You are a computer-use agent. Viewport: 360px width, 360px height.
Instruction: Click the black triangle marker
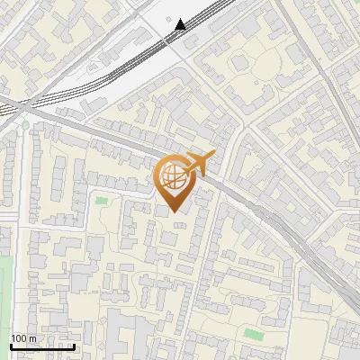tap(181, 24)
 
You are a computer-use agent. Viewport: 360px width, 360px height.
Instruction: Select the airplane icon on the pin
tap(199, 163)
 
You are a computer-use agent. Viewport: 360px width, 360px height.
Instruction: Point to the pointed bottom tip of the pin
tap(174, 211)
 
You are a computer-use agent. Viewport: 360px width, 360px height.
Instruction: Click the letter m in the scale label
tap(31, 338)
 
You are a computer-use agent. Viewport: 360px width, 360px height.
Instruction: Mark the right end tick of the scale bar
tap(74, 345)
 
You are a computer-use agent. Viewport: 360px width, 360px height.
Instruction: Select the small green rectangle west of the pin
tap(102, 201)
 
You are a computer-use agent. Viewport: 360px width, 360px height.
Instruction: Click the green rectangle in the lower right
tap(256, 334)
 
